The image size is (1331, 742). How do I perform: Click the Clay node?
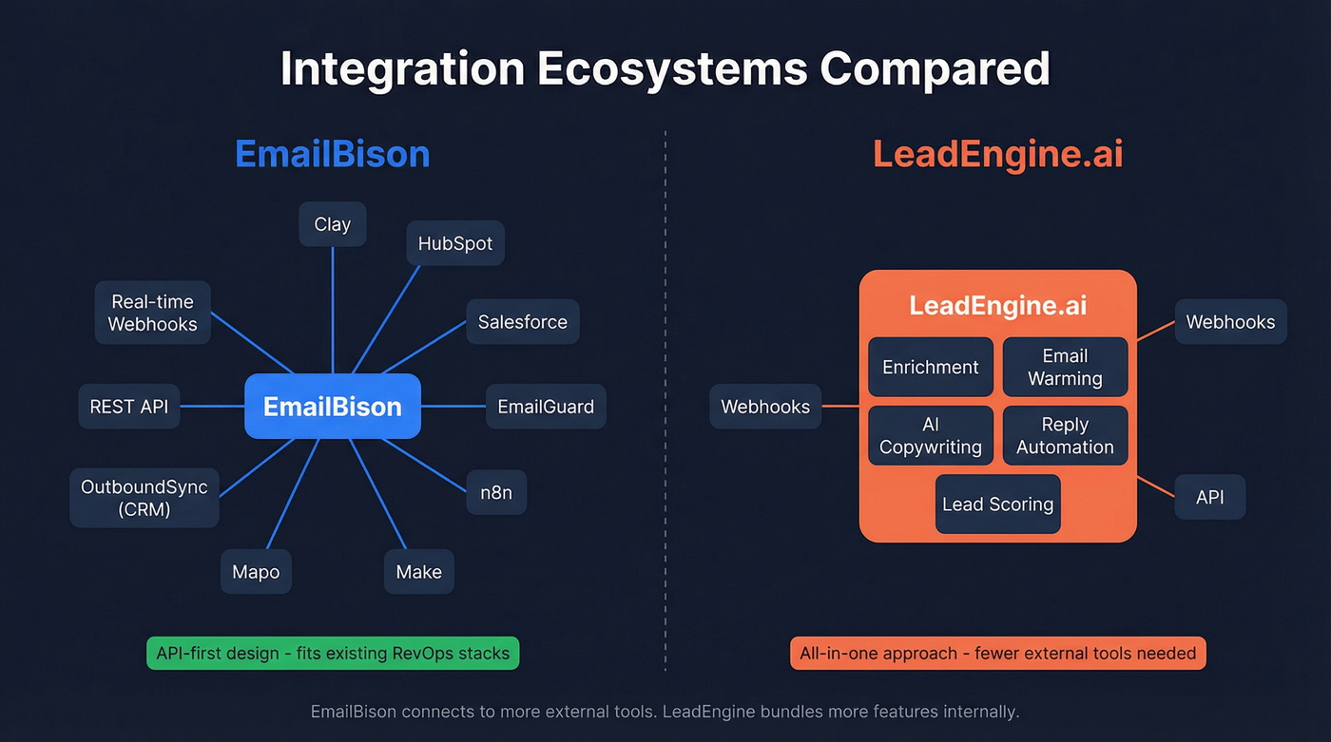click(x=333, y=224)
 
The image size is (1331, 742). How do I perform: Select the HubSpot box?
click(x=455, y=243)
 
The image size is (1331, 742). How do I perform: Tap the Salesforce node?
click(x=523, y=322)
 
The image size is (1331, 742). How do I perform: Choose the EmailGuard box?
click(x=546, y=407)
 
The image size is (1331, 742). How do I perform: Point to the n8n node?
click(x=496, y=493)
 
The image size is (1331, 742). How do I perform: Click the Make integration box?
click(x=419, y=572)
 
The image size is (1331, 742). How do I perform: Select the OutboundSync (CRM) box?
click(x=145, y=498)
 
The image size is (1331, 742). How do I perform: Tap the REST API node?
click(x=128, y=407)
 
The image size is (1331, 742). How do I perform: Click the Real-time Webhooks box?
click(x=153, y=313)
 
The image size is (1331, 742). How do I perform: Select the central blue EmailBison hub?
click(x=333, y=407)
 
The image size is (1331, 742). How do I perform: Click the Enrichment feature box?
click(x=931, y=367)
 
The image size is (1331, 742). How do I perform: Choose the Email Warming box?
click(x=1065, y=367)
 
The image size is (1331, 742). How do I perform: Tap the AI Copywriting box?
click(x=931, y=436)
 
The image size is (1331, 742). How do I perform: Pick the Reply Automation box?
click(x=1065, y=436)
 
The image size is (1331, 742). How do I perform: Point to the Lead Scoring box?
click(x=998, y=504)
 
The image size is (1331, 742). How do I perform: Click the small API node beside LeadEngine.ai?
click(x=1210, y=497)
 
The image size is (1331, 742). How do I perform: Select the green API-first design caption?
click(x=333, y=653)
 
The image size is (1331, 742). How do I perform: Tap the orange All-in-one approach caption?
click(x=998, y=653)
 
